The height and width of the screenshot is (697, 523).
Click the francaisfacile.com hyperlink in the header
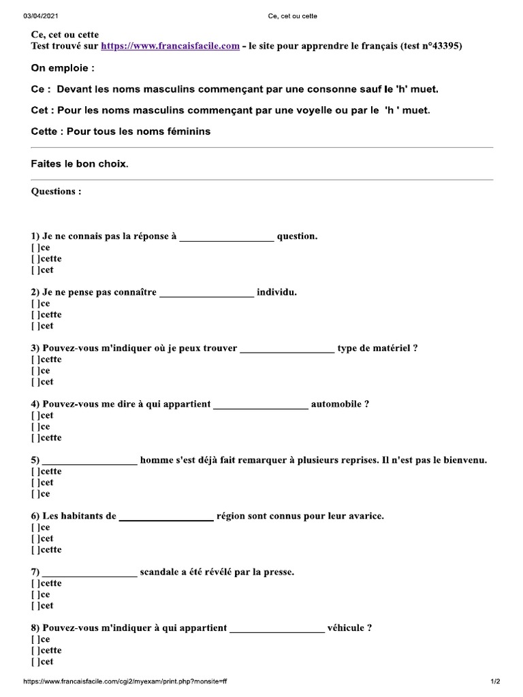coord(170,46)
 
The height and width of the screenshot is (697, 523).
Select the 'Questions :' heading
coord(56,191)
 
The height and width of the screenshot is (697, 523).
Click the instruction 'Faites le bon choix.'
coord(80,164)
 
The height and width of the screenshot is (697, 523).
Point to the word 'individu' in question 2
coord(276,293)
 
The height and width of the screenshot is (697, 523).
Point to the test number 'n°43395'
coord(443,46)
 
